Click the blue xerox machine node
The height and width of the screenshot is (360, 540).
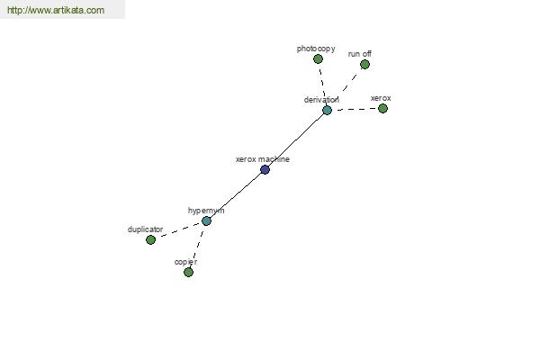[265, 169]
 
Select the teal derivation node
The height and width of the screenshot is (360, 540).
[327, 110]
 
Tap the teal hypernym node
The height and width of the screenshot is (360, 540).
[206, 220]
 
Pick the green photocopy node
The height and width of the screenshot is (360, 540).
[318, 58]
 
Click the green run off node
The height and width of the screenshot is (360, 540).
[364, 65]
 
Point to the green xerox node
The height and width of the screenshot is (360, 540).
[382, 109]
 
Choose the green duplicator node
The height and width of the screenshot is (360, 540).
[150, 239]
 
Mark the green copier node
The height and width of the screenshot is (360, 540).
[188, 272]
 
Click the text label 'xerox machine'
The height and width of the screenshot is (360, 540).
[263, 159]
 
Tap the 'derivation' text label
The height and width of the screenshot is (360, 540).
[321, 100]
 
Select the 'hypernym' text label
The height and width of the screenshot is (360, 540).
[206, 211]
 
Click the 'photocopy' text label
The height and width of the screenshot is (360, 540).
[316, 49]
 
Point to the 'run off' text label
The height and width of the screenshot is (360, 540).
[359, 54]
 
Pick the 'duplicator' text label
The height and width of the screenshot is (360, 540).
[145, 229]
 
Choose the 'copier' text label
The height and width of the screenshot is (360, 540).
[185, 262]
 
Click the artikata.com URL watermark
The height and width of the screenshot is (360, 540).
[56, 10]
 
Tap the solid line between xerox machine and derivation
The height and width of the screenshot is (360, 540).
[296, 139]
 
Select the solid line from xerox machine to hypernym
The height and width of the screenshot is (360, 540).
[236, 195]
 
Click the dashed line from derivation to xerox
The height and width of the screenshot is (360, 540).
[356, 109]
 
